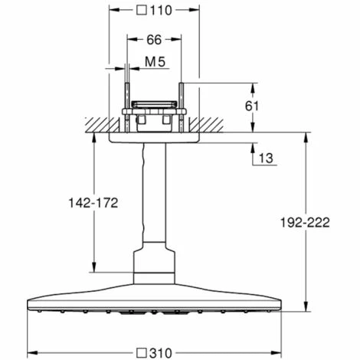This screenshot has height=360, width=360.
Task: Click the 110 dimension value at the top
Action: [161, 11]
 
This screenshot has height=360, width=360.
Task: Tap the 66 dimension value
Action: [154, 40]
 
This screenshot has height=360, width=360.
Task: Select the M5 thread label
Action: [155, 62]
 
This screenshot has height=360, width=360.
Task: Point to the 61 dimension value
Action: [252, 106]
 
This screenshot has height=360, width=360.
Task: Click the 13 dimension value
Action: [266, 158]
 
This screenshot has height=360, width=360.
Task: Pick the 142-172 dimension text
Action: [93, 203]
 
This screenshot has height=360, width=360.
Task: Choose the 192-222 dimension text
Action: [305, 222]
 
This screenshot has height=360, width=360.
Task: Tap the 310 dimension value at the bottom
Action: [161, 353]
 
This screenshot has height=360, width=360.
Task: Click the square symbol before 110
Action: [142, 11]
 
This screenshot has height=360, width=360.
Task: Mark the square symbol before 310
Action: [141, 353]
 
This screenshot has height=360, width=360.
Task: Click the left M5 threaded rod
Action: [127, 108]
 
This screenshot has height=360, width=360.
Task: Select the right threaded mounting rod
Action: [181, 108]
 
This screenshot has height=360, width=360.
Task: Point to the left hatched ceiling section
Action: [102, 125]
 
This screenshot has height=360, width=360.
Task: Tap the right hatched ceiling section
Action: [206, 125]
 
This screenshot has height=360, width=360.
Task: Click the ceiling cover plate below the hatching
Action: [154, 138]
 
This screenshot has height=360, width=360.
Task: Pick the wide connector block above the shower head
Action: [154, 267]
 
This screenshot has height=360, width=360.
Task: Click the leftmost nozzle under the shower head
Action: [39, 311]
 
